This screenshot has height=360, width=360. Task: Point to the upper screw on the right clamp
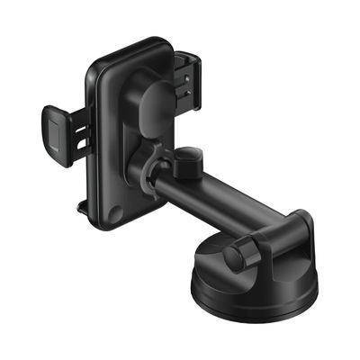point(185,76)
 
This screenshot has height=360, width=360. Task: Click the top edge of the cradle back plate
point(135,42)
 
